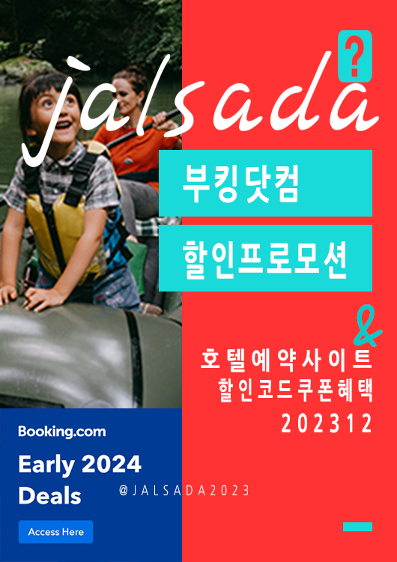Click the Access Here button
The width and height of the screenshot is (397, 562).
[x=55, y=532]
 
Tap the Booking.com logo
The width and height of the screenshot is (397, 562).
[x=61, y=432]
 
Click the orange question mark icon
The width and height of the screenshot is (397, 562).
[x=355, y=55]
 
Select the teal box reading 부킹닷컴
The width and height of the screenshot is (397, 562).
[x=265, y=183]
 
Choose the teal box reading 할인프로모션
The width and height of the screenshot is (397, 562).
[x=265, y=258]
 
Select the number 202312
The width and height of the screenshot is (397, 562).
[x=327, y=424]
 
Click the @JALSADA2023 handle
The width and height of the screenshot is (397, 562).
[x=184, y=490]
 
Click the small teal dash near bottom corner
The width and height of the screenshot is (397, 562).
[x=357, y=527]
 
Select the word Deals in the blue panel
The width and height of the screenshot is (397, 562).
[x=49, y=496]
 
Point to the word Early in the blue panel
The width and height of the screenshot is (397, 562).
[x=45, y=465]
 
